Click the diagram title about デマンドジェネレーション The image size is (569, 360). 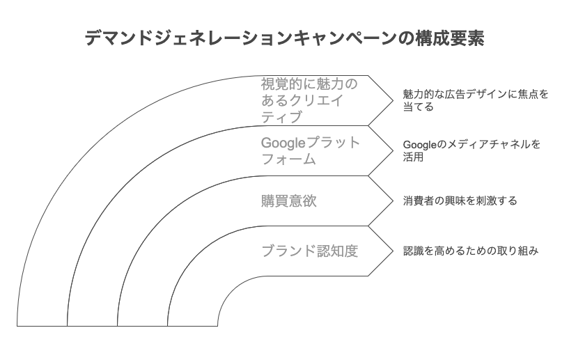[284, 38]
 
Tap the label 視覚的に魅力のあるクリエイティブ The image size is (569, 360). [309, 100]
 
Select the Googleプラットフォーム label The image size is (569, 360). [311, 151]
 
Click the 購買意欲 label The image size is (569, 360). [288, 201]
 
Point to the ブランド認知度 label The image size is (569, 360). [309, 251]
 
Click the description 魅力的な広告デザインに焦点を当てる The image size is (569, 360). [475, 100]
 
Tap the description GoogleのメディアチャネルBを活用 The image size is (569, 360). [471, 151]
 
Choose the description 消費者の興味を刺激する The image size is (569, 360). [460, 201]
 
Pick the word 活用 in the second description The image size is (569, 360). [414, 158]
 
